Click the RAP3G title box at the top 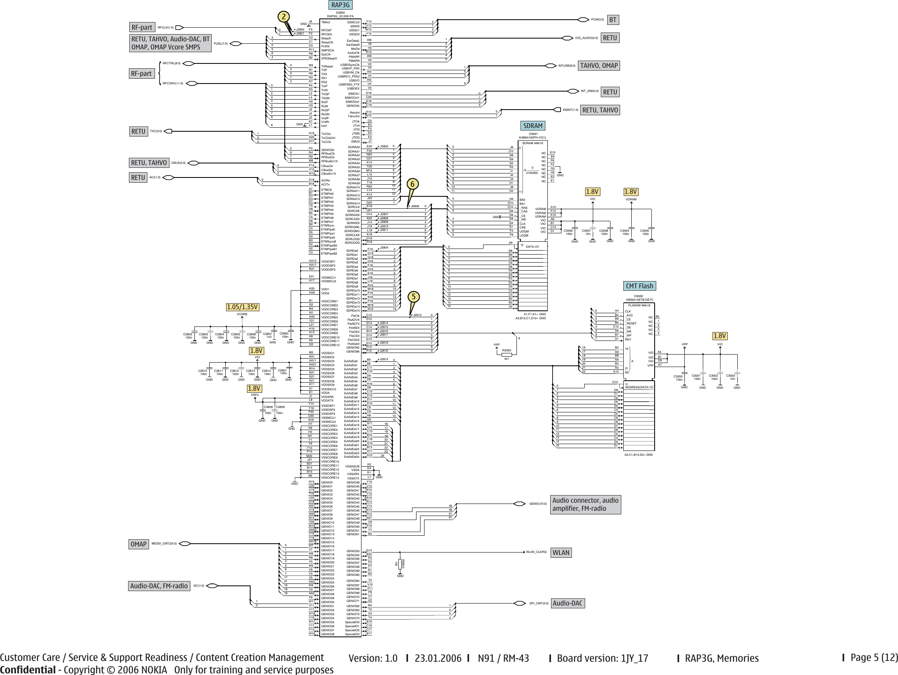click(340, 5)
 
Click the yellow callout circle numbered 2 click(284, 16)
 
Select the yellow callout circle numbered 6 click(412, 184)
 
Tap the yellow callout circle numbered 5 click(413, 297)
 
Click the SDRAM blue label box click(533, 126)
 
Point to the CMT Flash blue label click(639, 286)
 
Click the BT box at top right click(612, 20)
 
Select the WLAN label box click(561, 553)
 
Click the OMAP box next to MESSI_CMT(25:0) click(139, 544)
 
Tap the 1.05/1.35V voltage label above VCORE click(242, 307)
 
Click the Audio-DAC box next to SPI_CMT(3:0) click(567, 603)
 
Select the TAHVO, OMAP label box click(599, 65)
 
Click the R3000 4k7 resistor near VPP click(506, 354)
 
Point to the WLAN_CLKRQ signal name click(536, 552)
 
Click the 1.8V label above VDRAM click(631, 192)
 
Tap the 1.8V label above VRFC click(255, 388)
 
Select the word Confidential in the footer click(28, 670)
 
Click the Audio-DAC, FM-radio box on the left click(159, 586)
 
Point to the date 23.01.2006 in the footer click(438, 658)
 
